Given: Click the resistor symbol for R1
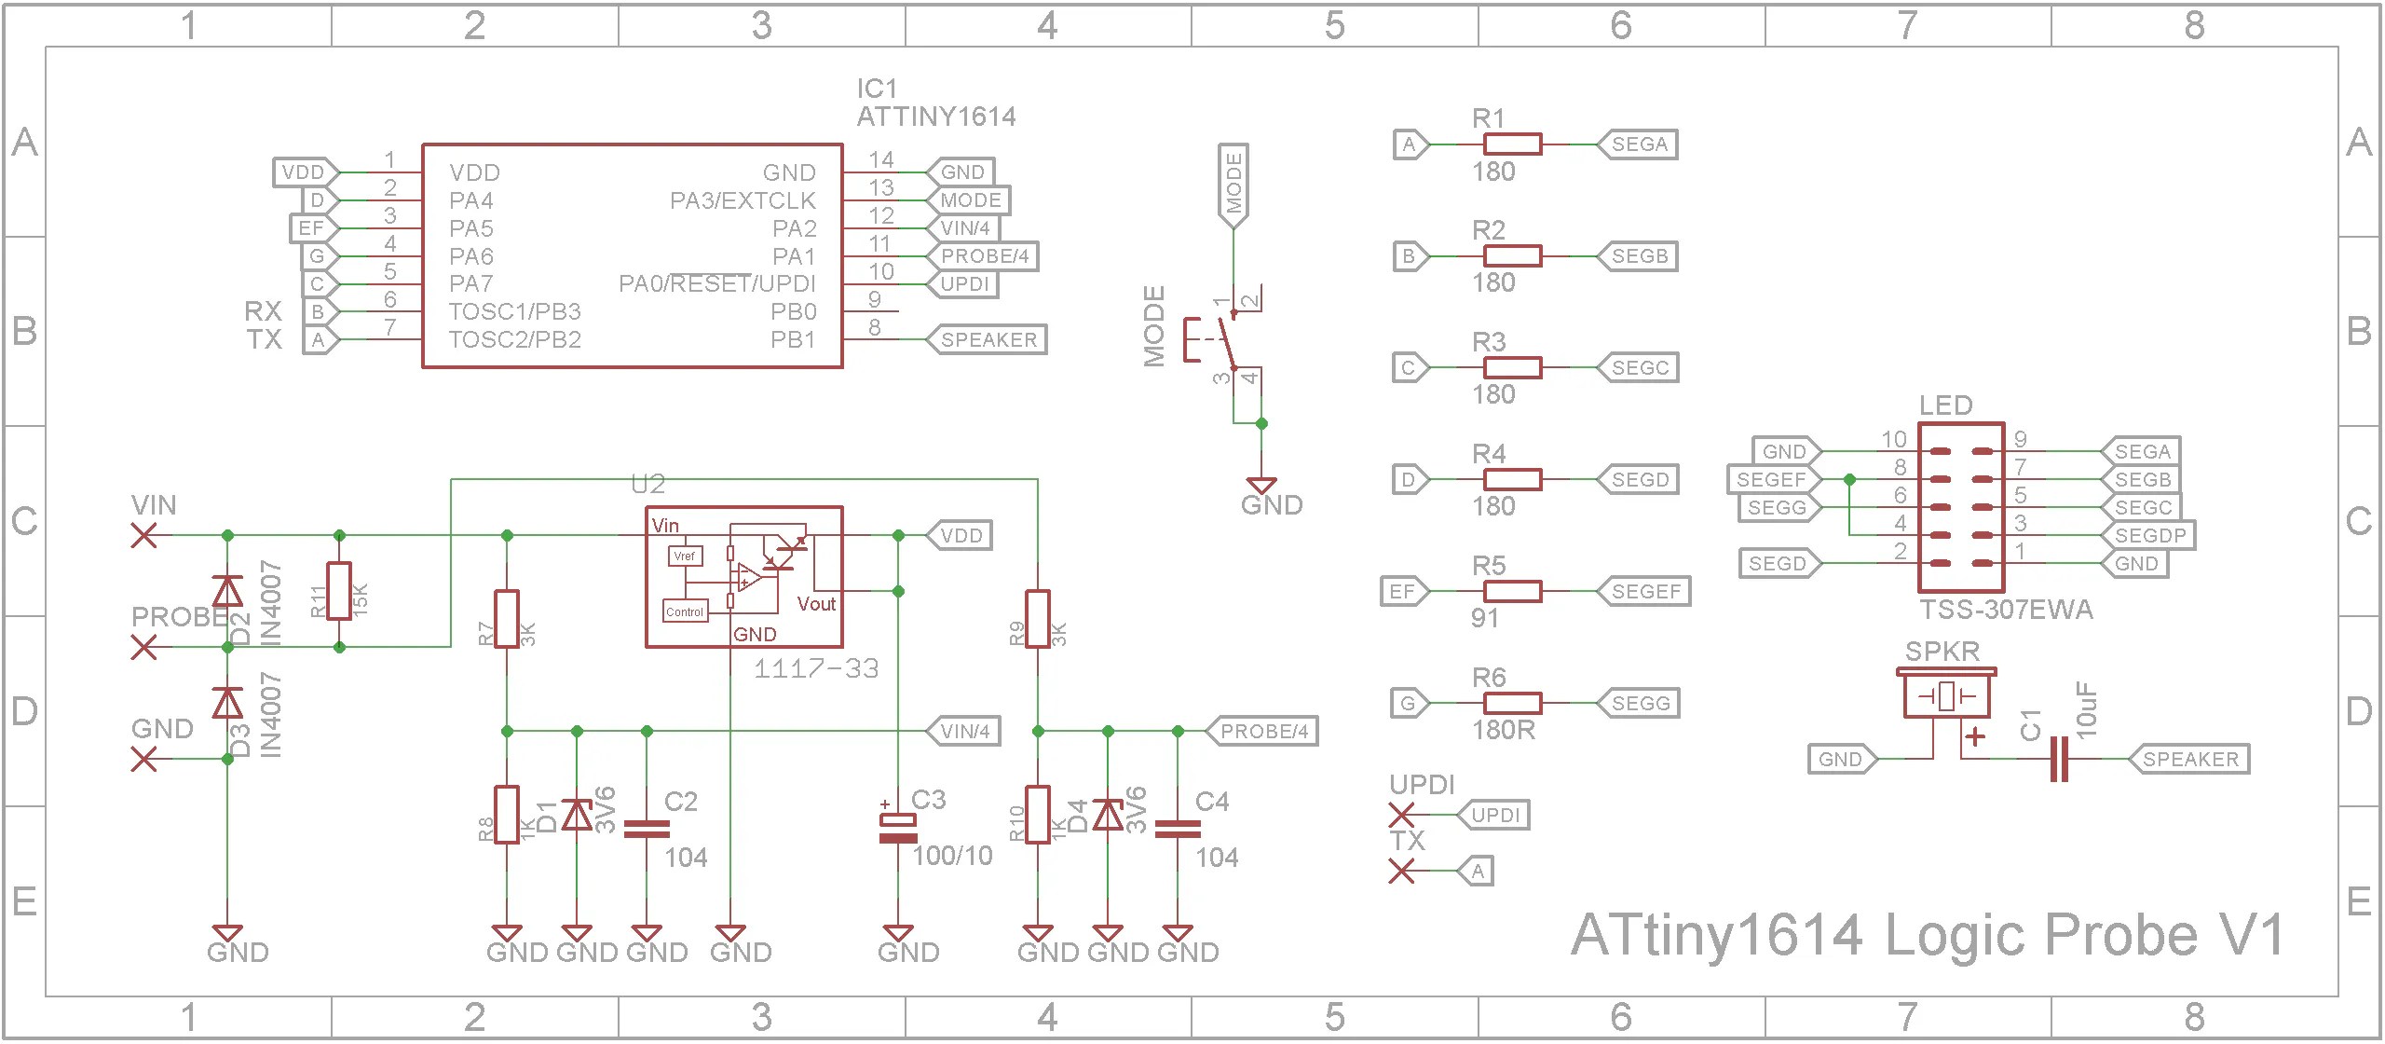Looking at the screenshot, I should [x=1511, y=144].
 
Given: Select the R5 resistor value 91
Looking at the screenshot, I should [x=1485, y=618].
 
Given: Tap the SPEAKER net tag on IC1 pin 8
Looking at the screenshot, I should [x=988, y=340].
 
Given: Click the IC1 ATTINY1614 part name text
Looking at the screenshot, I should [x=935, y=117].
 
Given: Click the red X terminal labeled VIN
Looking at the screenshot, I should [x=143, y=536].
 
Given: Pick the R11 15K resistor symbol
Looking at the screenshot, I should [x=339, y=591].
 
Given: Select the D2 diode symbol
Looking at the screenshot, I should [x=227, y=591].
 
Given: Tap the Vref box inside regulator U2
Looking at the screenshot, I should [x=684, y=556].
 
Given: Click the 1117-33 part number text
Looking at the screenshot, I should [x=815, y=669].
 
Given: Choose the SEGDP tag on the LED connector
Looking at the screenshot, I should [x=2148, y=536].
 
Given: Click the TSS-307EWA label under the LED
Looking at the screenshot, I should [x=2005, y=610].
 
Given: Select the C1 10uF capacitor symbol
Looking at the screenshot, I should [x=2059, y=760].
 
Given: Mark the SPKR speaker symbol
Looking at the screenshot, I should [x=1946, y=695].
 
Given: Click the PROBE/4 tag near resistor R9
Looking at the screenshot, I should [x=1263, y=732].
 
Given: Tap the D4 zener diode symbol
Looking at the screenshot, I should [x=1108, y=816].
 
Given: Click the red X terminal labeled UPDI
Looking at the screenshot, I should [x=1400, y=816].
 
